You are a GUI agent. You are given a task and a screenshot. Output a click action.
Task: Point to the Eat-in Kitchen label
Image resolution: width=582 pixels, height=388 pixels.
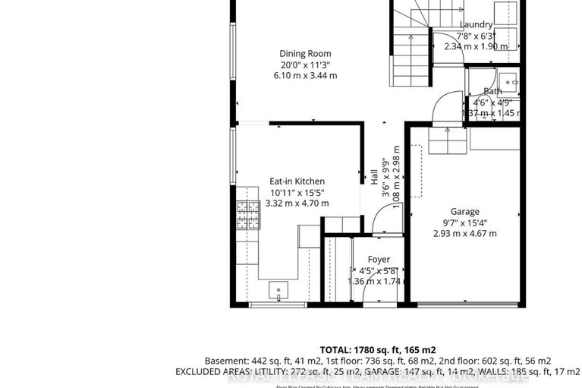click(297, 181)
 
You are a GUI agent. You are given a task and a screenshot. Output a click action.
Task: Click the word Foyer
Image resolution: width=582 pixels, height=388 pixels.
click(379, 260)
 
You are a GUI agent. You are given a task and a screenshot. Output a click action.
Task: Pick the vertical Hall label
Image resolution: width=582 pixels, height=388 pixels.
click(375, 176)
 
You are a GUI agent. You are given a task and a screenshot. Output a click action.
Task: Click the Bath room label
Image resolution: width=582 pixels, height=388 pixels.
click(492, 91)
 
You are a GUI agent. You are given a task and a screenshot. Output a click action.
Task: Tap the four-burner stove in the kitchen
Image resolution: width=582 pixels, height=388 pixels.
click(247, 215)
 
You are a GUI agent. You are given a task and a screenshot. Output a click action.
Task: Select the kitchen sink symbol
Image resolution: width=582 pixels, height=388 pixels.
click(278, 290)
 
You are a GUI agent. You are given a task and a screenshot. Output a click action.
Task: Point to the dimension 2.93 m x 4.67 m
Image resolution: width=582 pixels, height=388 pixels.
click(464, 233)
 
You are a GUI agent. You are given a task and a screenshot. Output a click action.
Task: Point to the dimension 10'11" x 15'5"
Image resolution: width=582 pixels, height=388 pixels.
click(297, 192)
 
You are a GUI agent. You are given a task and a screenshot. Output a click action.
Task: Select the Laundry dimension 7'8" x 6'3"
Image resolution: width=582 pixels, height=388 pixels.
click(476, 35)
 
